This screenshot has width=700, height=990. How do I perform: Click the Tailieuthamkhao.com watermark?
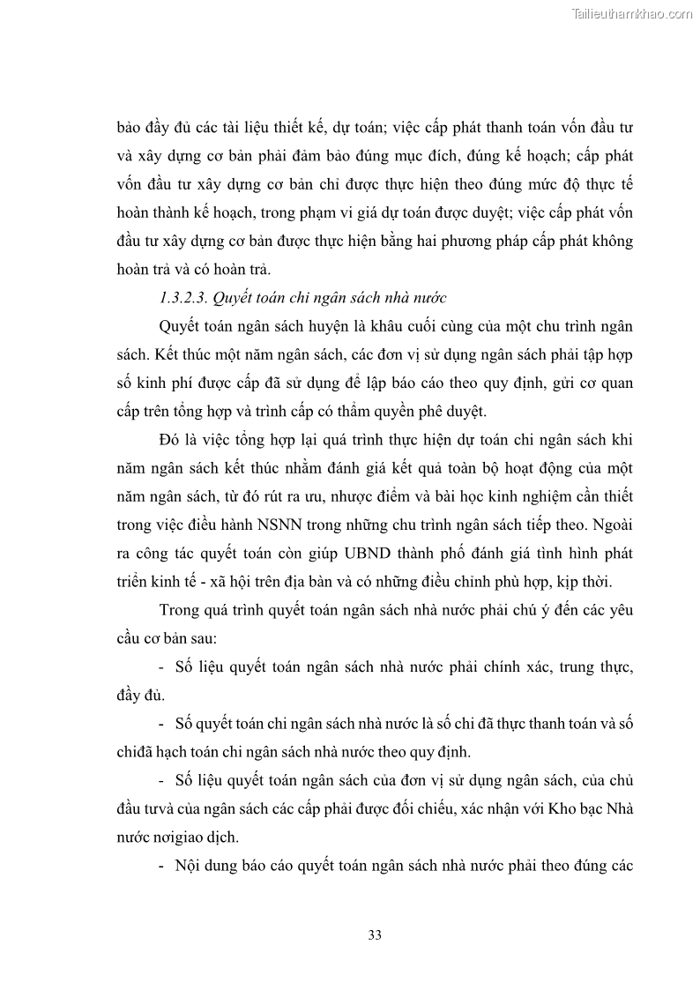632,13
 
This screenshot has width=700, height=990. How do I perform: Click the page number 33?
375,935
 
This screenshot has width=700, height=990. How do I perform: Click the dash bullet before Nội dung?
162,865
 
